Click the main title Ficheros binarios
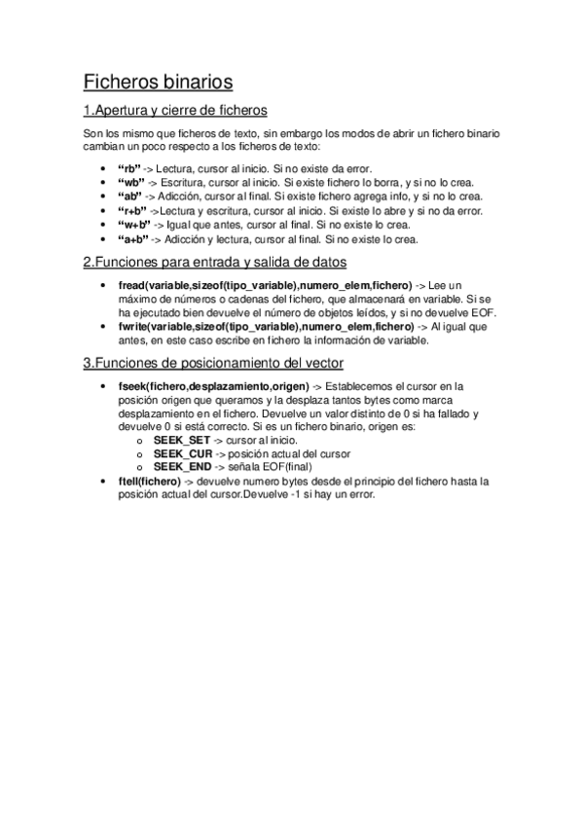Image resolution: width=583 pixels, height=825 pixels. point(158,81)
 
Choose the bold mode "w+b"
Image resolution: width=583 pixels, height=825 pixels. point(133,224)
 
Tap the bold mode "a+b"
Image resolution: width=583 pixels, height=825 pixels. point(132,238)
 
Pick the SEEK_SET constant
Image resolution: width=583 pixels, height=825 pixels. point(182,441)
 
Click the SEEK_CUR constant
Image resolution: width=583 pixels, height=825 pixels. point(183,454)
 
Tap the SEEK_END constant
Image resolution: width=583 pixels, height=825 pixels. point(183,468)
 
